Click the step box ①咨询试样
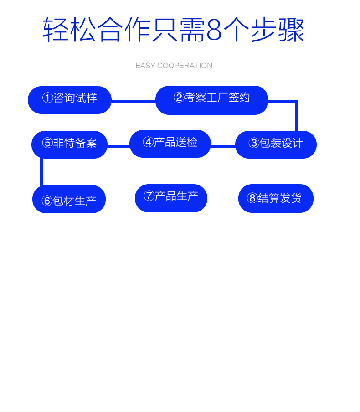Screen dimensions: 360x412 point(70,100)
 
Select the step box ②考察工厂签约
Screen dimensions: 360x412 point(212,100)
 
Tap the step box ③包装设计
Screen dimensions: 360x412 point(276,144)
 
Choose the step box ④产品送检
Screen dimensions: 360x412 point(170,144)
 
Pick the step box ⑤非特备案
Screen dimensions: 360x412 point(69,144)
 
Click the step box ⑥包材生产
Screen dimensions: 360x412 point(69,199)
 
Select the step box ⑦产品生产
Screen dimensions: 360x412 point(171,198)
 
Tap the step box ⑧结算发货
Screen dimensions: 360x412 point(276,198)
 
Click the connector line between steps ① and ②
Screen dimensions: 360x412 point(134,102)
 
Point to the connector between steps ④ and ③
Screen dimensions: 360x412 point(223,146)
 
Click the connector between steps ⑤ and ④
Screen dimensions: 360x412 point(118,146)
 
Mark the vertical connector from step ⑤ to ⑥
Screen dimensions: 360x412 point(41,172)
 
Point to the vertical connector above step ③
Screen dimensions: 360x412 point(296,117)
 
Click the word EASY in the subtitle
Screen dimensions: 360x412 point(145,66)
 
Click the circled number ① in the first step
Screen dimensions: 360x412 point(47,98)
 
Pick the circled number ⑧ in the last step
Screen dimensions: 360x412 point(252,198)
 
